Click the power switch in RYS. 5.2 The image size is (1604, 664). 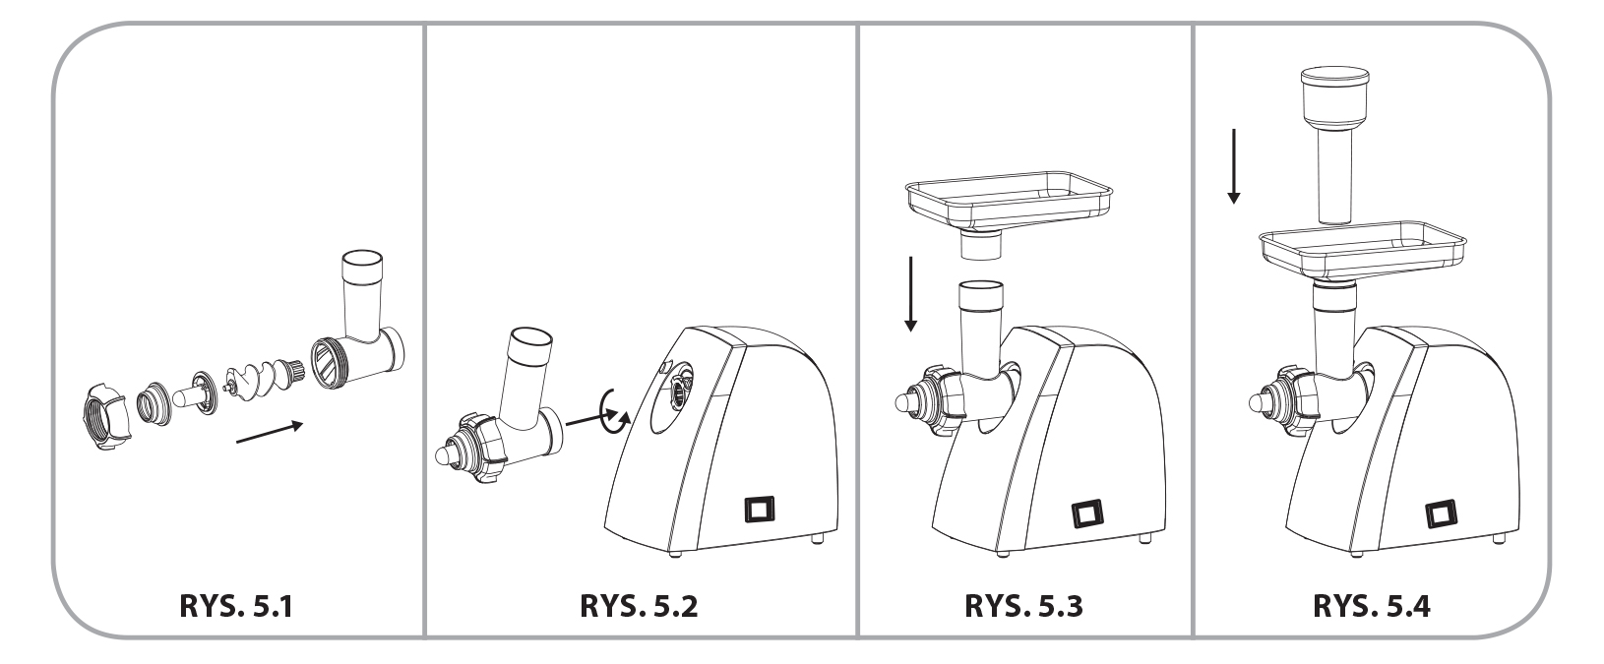coord(759,511)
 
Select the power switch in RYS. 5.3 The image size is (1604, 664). coord(1088,513)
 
